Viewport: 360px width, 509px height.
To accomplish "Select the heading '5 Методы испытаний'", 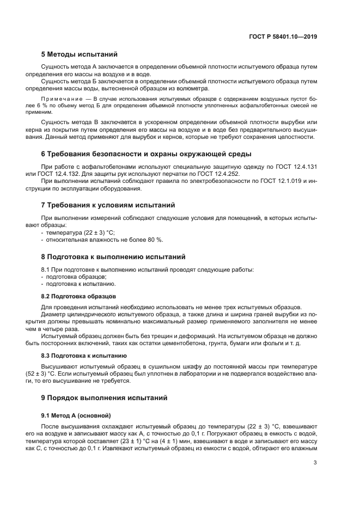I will pos(79,54).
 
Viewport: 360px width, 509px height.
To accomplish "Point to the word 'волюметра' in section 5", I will pos(215,89).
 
